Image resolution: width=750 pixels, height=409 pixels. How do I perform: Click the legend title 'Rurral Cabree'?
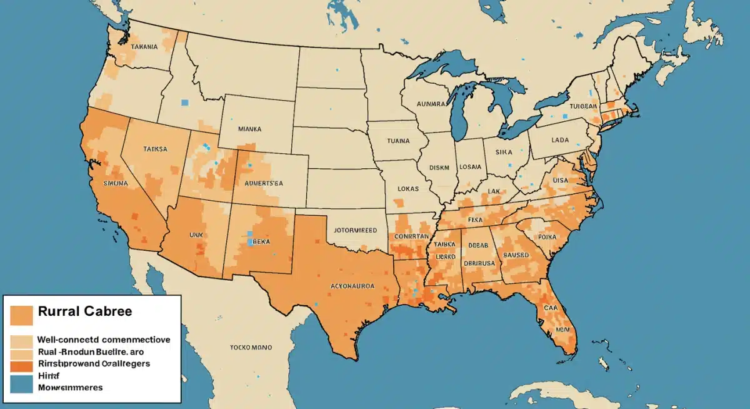coord(85,311)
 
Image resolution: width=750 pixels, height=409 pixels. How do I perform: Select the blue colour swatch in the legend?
coord(22,383)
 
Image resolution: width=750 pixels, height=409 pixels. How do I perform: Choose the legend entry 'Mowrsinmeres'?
coord(70,388)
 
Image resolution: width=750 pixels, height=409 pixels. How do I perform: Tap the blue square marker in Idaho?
coord(184,103)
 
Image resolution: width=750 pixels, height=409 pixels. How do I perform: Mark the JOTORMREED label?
coord(353,230)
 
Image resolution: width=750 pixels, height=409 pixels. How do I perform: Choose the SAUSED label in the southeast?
coord(516,255)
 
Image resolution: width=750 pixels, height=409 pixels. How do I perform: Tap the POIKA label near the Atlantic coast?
coord(546,238)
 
